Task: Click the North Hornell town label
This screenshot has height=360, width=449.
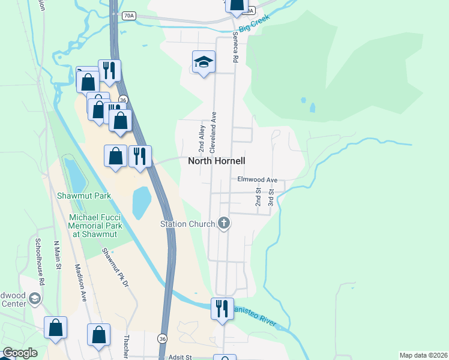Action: click(217, 161)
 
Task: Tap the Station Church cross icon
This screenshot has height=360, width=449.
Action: click(224, 224)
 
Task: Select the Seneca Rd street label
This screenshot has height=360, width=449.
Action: click(236, 49)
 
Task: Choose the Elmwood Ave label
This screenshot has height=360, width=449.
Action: click(258, 179)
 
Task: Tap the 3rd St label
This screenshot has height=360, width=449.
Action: click(271, 197)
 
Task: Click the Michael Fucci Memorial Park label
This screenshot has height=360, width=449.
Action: click(96, 226)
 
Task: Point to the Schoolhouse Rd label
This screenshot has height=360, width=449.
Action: click(39, 262)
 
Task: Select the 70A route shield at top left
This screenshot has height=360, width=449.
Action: click(128, 16)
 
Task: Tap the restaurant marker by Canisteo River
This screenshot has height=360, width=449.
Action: click(222, 309)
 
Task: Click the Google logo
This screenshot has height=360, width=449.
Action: click(20, 353)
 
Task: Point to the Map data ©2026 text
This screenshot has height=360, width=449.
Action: click(423, 355)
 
